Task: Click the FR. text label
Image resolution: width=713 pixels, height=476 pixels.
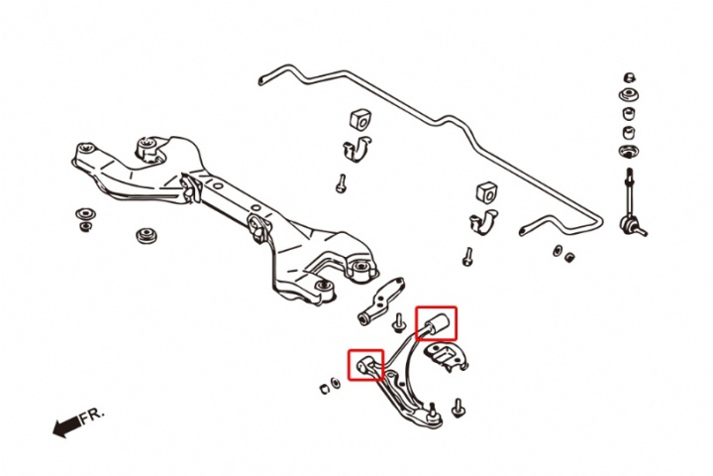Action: click(x=92, y=415)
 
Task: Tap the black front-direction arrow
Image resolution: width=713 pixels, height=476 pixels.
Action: click(x=67, y=425)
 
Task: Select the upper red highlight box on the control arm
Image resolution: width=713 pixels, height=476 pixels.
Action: click(x=436, y=323)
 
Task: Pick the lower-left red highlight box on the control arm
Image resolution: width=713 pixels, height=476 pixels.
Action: click(x=366, y=364)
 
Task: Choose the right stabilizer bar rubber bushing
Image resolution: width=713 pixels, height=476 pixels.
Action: click(x=486, y=192)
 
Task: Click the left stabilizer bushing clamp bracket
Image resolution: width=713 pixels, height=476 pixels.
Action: click(x=356, y=149)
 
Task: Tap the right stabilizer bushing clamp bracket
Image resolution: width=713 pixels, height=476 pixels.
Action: click(x=483, y=222)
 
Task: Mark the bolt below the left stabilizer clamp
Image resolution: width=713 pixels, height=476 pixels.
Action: click(x=341, y=183)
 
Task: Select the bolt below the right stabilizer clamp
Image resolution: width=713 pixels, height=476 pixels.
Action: click(x=467, y=257)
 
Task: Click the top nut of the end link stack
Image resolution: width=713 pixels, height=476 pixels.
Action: click(x=630, y=77)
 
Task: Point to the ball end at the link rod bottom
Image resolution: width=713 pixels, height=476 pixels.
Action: click(x=628, y=224)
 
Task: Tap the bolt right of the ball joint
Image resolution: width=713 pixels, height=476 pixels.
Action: click(x=458, y=408)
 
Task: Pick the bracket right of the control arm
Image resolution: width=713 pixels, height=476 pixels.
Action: click(x=446, y=356)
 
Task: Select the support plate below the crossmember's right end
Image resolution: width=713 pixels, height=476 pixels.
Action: click(x=381, y=301)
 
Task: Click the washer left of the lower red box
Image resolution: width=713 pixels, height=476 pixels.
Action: click(x=335, y=383)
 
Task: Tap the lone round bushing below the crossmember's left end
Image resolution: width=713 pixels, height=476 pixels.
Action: click(x=147, y=235)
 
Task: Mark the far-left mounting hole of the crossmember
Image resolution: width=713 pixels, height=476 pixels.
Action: click(x=86, y=148)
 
